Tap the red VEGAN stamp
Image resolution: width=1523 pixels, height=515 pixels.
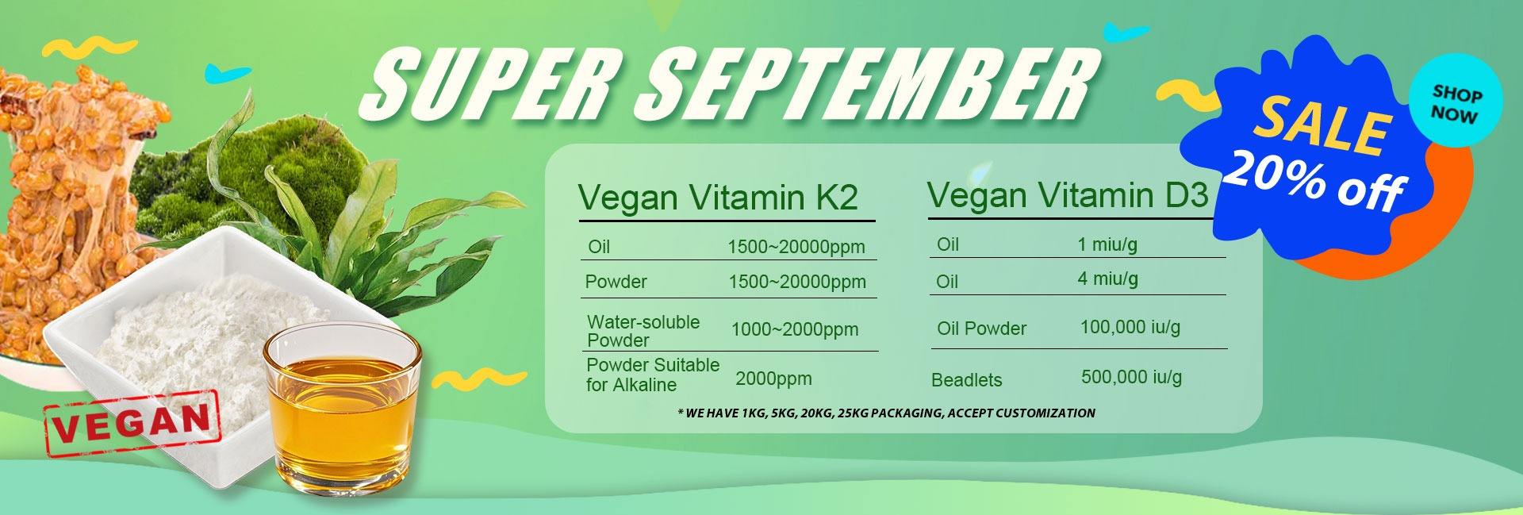pos(132,424)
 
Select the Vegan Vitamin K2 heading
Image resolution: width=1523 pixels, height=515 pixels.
pos(718,197)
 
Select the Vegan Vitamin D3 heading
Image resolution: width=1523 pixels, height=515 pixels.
pos(1068,195)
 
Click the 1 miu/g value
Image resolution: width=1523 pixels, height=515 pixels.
pos(1107,244)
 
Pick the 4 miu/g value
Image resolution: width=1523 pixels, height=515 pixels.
pos(1107,279)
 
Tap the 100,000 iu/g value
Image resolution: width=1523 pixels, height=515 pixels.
pos(1130,326)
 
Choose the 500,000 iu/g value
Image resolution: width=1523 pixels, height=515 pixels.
pos(1131,377)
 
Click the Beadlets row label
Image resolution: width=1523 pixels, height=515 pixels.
pos(966,380)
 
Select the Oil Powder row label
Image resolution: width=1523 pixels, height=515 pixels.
pos(981,329)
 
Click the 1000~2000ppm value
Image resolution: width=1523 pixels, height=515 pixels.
pos(794,330)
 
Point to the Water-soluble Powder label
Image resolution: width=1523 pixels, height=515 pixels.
pos(643,331)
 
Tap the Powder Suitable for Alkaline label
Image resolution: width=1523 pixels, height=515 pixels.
pos(653,375)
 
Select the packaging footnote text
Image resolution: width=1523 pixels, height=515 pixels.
pos(887,413)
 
